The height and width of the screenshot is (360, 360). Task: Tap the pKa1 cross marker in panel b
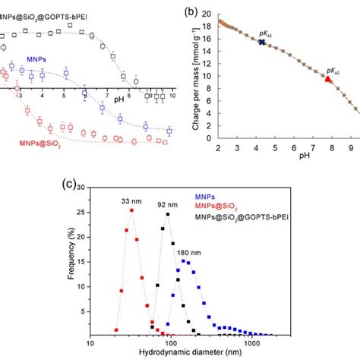[x=261, y=43]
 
